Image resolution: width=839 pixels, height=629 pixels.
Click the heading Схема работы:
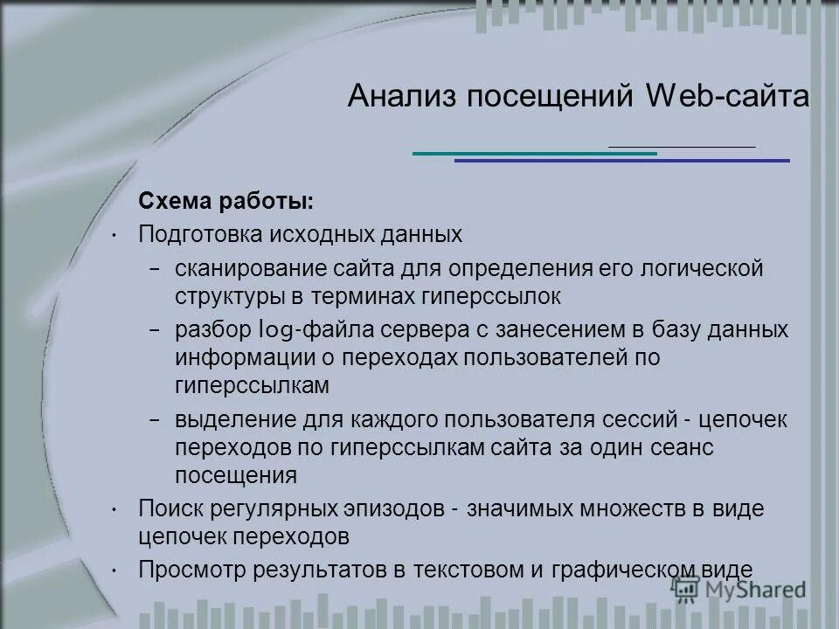click(x=225, y=202)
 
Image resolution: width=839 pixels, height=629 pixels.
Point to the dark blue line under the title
click(x=621, y=161)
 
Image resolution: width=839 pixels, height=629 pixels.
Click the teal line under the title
click(x=533, y=154)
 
